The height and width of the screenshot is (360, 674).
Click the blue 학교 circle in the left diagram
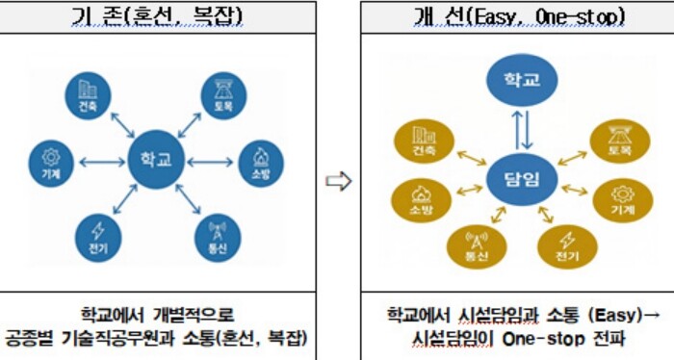pyautogui.click(x=156, y=161)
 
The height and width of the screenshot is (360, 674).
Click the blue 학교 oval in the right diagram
pyautogui.click(x=518, y=79)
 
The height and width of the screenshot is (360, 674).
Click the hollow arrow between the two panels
pyautogui.click(x=336, y=180)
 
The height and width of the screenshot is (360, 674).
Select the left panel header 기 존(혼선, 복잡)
pyautogui.click(x=158, y=16)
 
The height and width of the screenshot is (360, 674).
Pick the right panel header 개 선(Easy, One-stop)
pyautogui.click(x=517, y=16)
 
